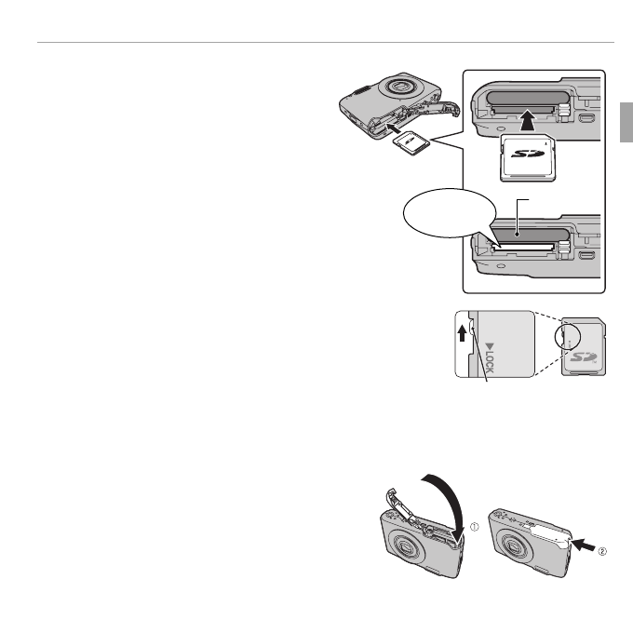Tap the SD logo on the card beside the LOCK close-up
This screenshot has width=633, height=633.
point(583,357)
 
